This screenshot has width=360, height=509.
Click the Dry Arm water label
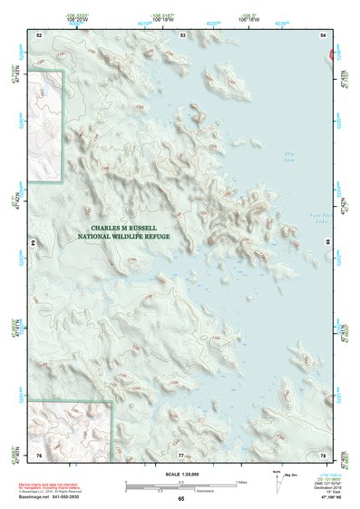(289, 156)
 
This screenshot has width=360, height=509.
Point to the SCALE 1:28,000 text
(180, 475)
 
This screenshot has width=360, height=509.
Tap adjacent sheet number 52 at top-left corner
(39, 34)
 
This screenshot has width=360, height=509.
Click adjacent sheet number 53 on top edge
(182, 34)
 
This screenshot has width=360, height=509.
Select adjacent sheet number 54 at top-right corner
(324, 34)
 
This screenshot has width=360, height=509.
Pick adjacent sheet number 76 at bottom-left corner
(39, 455)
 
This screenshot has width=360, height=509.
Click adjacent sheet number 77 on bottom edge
(181, 455)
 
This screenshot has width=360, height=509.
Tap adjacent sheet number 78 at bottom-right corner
(324, 455)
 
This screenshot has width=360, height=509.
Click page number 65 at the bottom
(181, 500)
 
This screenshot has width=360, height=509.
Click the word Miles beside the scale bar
(241, 481)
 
